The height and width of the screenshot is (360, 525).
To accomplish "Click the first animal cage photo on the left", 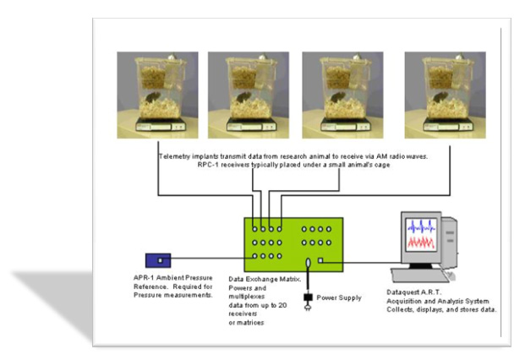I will tap(157, 95).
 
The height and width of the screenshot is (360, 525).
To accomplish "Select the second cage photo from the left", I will tap(248, 95).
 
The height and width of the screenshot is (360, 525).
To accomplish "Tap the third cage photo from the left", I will tap(342, 95).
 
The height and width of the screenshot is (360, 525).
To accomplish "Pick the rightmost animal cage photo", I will tap(444, 95).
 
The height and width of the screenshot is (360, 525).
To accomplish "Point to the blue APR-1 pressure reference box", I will tap(158, 259).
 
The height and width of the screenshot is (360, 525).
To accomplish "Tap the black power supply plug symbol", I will tap(308, 297).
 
